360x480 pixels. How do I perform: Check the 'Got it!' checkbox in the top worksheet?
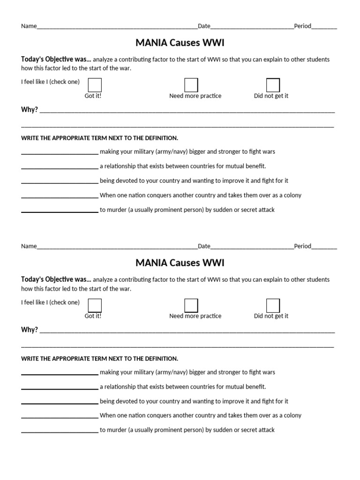coord(95,85)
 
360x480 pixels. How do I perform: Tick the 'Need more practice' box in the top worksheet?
coord(191,85)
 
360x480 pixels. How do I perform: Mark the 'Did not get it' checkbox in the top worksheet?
coord(273,85)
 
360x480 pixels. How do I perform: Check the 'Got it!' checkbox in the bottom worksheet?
coord(95,306)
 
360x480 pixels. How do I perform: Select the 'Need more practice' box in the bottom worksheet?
coord(191,306)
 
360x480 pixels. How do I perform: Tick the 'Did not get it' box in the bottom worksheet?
coord(273,306)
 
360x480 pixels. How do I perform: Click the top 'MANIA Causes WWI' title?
coord(180,43)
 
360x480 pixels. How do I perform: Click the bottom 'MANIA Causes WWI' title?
coord(180,263)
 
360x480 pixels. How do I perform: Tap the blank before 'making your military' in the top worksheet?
coord(60,152)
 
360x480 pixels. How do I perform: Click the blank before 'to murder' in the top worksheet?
coord(60,210)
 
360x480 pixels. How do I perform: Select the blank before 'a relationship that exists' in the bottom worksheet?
coord(60,387)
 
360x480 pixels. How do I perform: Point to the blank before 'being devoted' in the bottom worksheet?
coord(60,402)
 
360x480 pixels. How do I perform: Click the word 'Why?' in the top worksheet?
coord(29,110)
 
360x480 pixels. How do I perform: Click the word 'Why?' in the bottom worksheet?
coord(29,330)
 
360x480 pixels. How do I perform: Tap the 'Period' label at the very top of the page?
coord(302,26)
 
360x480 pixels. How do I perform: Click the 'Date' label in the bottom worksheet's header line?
coord(204,246)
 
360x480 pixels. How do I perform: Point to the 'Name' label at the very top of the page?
coord(29,26)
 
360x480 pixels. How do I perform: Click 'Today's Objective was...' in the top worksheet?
coord(56,60)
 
